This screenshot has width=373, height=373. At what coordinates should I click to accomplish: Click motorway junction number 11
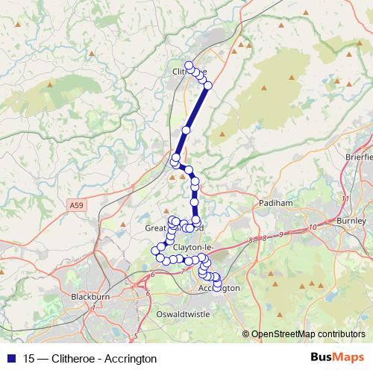click(x=344, y=199)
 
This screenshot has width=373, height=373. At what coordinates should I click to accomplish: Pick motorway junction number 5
click(x=135, y=335)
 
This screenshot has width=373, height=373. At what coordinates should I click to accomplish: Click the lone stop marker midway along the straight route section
click(x=186, y=130)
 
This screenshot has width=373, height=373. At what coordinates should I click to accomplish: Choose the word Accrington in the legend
click(x=132, y=359)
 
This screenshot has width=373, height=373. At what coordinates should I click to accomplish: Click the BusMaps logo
click(x=336, y=358)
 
